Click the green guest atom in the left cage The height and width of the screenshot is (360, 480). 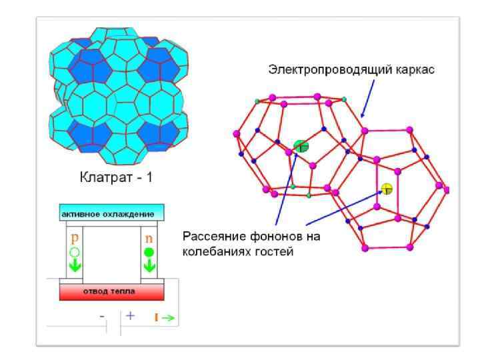coord(301,146)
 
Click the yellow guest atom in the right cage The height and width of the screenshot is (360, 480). coord(387,189)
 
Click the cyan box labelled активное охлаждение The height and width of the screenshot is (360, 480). coord(111,213)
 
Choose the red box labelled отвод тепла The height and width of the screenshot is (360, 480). coord(111,291)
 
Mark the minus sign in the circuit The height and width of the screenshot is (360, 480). coord(103,317)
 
